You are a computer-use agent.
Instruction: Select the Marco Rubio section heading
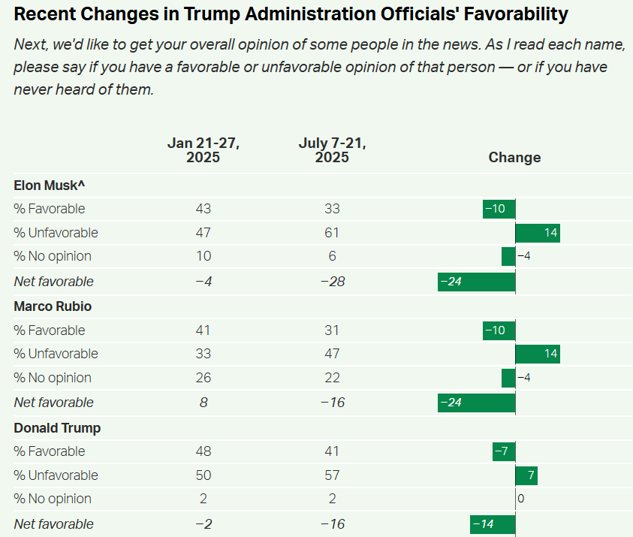pos(53,306)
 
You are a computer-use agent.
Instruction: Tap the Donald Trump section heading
pos(57,428)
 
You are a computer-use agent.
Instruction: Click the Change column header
pos(514,157)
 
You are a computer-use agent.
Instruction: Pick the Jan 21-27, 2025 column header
pos(203,150)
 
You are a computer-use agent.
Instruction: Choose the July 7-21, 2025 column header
pos(332,150)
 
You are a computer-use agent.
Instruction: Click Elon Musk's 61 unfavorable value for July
pos(332,233)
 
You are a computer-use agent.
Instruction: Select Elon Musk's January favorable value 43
pos(203,209)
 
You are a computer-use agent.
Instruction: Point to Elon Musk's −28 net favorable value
pos(332,282)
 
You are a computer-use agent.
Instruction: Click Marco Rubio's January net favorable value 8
pos(203,403)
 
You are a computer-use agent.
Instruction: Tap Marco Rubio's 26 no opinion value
pos(203,378)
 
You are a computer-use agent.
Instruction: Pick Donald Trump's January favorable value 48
pos(203,451)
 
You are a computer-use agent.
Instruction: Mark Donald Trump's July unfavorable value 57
pos(332,475)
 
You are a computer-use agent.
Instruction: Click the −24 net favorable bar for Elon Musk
pos(477,282)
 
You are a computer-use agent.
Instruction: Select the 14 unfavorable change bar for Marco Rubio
pos(538,354)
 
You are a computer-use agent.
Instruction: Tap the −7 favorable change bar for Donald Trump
pos(504,451)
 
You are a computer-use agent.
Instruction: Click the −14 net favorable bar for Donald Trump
pos(493,524)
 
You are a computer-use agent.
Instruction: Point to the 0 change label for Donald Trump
pos(520,499)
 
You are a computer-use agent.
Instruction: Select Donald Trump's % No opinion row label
pos(53,499)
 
